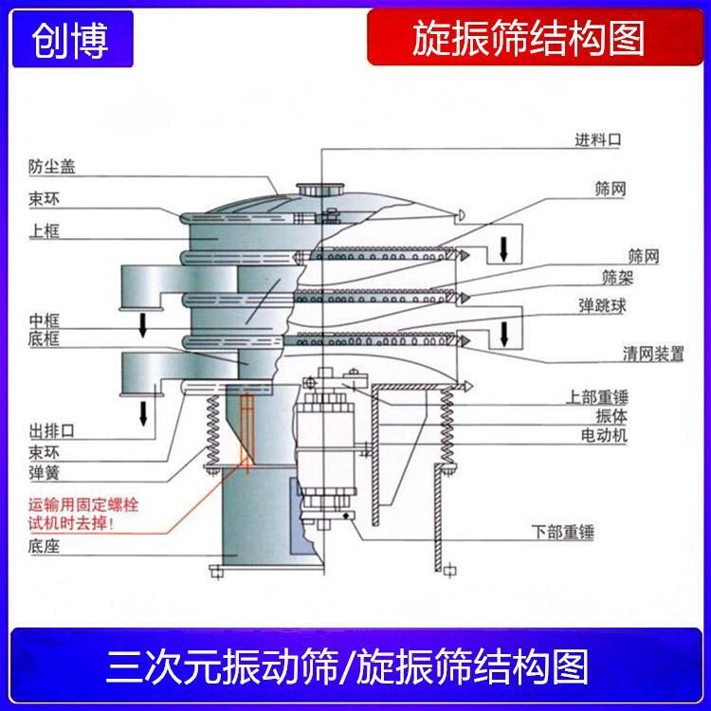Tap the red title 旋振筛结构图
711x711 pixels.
click(529, 39)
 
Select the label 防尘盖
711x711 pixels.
click(51, 168)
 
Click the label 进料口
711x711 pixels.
click(598, 139)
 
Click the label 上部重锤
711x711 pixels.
click(598, 396)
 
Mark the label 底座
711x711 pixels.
click(44, 547)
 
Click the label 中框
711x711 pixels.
click(44, 319)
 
